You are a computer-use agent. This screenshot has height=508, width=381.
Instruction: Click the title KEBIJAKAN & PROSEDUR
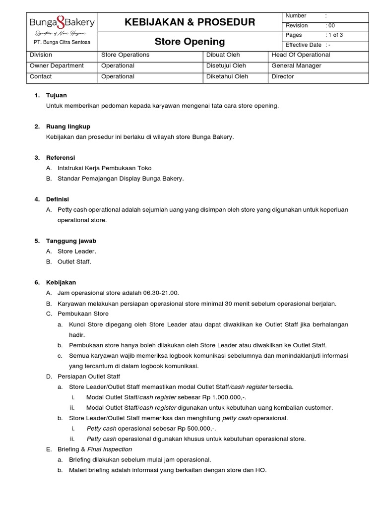pyautogui.click(x=190, y=22)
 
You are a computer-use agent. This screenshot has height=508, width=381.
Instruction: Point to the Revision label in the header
pyautogui.click(x=297, y=25)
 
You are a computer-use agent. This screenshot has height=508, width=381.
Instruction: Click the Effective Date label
pyautogui.click(x=303, y=45)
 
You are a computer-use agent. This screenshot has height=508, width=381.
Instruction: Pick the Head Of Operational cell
pyautogui.click(x=301, y=55)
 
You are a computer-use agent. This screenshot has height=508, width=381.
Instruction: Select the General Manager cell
pyautogui.click(x=296, y=65)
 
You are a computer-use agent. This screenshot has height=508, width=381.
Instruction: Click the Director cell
pyautogui.click(x=283, y=76)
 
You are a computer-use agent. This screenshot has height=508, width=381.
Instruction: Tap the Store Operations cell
pyautogui.click(x=125, y=55)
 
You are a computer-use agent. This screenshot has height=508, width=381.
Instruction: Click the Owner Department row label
pyautogui.click(x=57, y=65)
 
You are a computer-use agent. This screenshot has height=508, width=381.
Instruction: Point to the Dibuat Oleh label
pyautogui.click(x=223, y=55)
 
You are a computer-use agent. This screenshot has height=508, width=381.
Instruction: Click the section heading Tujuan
pyautogui.click(x=56, y=95)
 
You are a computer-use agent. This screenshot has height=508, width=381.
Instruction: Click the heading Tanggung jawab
pyautogui.click(x=71, y=241)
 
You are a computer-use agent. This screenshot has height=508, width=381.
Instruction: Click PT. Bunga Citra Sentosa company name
pyautogui.click(x=62, y=43)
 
